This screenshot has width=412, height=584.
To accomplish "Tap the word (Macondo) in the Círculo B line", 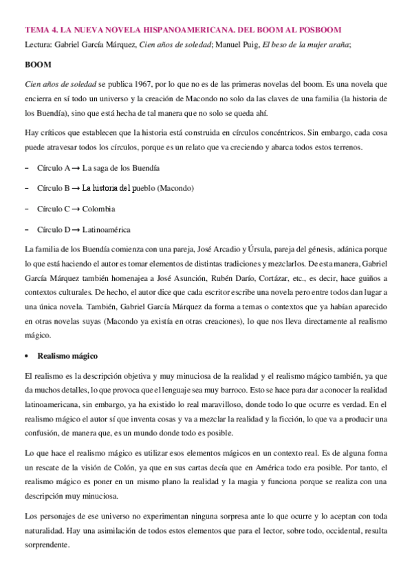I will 175,188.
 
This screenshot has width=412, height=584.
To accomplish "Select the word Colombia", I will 98,209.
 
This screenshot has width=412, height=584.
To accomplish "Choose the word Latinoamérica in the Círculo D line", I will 107,229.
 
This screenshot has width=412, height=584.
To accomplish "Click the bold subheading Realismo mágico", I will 67,356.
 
